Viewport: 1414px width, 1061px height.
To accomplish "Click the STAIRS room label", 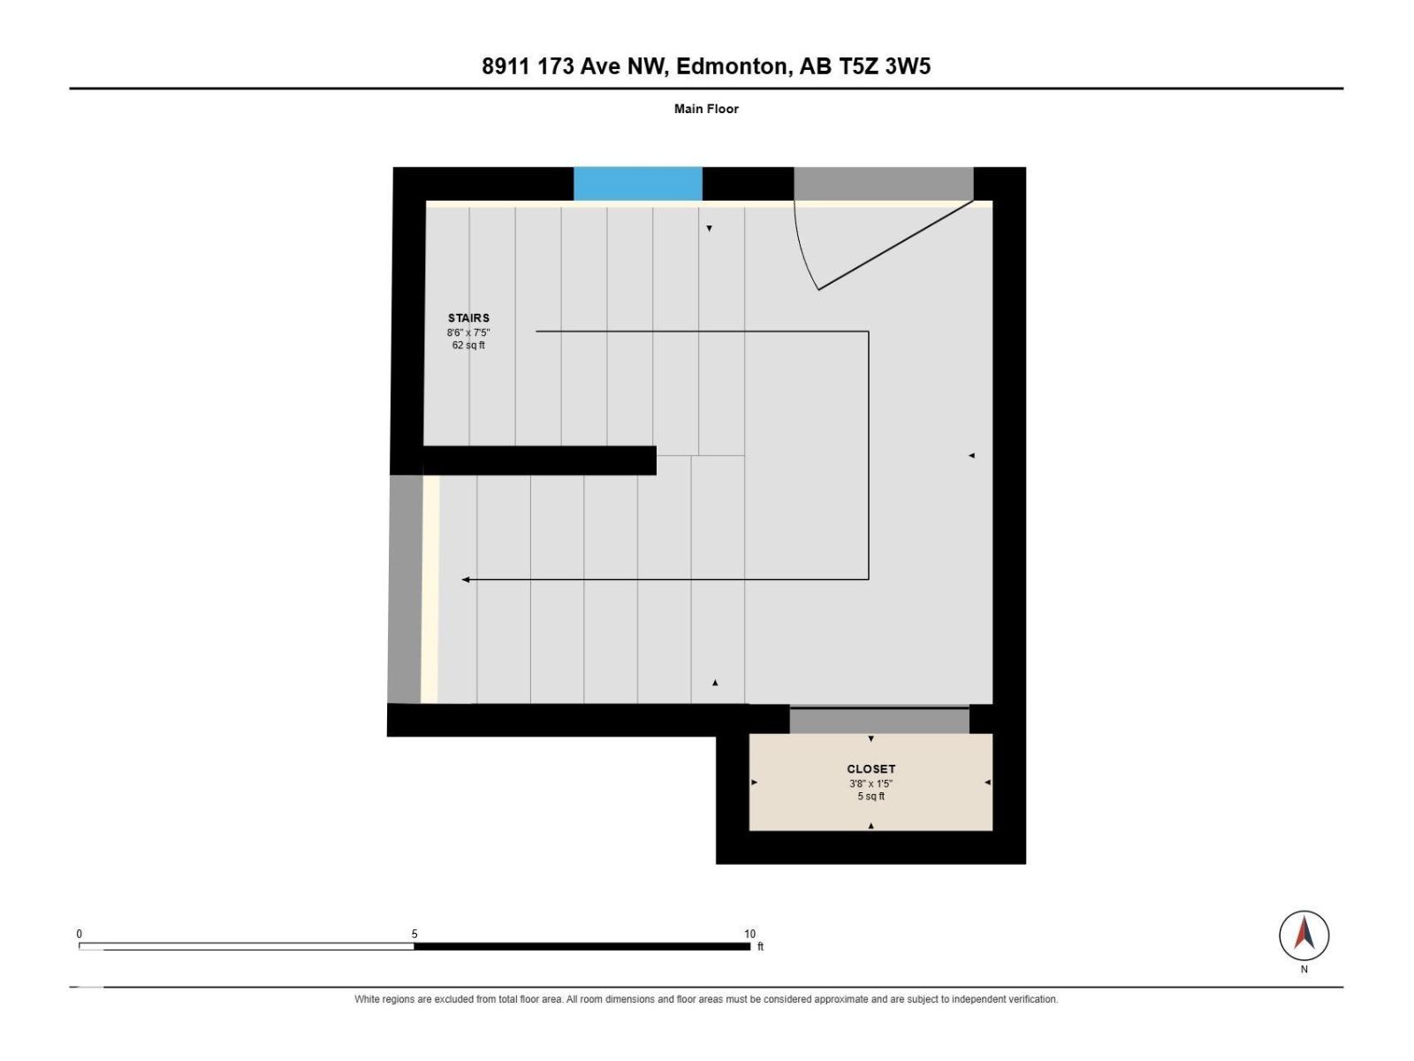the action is [468, 317].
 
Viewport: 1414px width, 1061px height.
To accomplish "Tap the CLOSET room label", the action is [870, 768].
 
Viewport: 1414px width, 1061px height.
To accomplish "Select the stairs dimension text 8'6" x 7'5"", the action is [468, 332].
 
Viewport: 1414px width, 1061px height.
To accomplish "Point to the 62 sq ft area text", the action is [468, 346].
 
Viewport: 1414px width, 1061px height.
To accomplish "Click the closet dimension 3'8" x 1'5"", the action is [870, 783].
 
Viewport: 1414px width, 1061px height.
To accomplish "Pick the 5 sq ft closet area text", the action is [870, 797].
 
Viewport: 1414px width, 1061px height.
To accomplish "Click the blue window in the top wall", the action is [637, 184].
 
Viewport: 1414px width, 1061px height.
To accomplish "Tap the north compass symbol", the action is [1304, 935].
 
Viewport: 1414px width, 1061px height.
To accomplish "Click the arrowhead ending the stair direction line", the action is [466, 580].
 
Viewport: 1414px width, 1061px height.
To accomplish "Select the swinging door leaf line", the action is [895, 246].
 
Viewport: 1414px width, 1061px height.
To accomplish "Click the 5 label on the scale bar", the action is [414, 934].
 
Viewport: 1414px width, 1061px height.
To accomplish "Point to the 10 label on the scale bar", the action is [749, 934].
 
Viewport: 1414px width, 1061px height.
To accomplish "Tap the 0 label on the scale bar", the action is [80, 934].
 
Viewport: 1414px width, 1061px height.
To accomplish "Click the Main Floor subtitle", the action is [706, 109].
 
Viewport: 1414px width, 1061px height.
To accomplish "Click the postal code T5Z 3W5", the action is [884, 66].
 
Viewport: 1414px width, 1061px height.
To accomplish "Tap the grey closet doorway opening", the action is [879, 721].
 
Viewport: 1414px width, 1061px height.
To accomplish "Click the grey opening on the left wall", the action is [405, 589].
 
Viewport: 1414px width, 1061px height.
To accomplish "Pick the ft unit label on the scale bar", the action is [760, 946].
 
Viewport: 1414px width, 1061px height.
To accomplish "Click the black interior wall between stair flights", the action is [539, 461].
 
